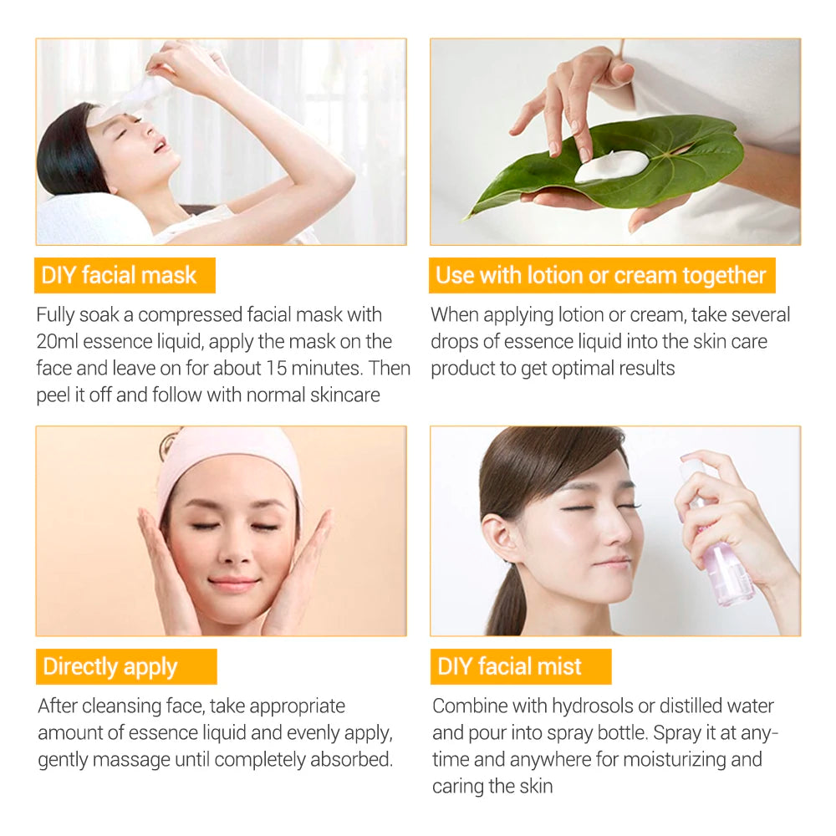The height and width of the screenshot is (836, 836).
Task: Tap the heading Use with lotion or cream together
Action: click(x=601, y=276)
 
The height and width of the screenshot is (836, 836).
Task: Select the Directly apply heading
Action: click(x=110, y=666)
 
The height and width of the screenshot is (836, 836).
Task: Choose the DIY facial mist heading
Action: click(x=510, y=666)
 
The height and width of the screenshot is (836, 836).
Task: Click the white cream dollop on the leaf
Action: click(x=611, y=166)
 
